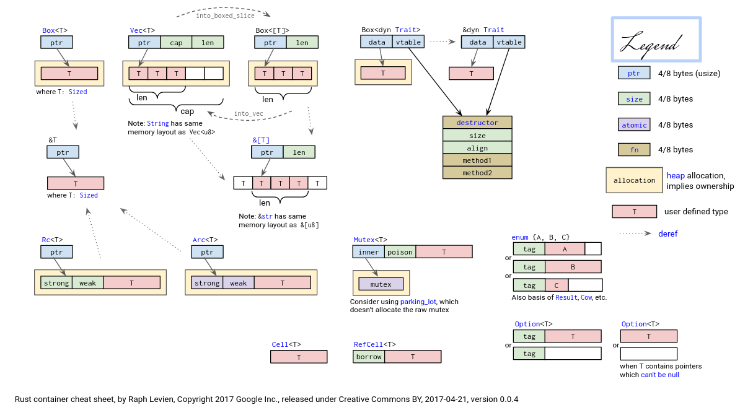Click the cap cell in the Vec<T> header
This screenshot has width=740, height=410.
(176, 42)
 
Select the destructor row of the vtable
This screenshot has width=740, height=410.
(477, 123)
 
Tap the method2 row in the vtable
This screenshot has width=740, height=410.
(477, 173)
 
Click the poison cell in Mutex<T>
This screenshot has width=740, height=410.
(400, 251)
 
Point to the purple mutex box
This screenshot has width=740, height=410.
(381, 284)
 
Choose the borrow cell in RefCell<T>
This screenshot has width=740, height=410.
(369, 357)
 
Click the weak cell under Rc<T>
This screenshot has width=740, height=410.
(87, 283)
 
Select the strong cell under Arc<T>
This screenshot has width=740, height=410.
(207, 283)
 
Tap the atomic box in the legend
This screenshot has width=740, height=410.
(634, 124)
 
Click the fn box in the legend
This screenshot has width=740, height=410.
(634, 149)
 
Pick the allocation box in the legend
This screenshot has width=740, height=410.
(634, 180)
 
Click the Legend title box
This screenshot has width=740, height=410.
(656, 40)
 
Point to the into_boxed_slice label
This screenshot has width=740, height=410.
(224, 15)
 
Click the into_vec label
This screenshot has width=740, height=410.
(249, 113)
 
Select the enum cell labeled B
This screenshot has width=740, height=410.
(573, 267)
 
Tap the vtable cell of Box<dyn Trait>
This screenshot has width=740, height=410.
(408, 42)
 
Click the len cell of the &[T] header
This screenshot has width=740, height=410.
(299, 152)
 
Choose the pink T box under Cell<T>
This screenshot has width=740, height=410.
(299, 357)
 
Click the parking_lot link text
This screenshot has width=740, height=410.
(418, 302)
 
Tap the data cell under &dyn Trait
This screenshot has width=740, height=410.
(478, 42)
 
